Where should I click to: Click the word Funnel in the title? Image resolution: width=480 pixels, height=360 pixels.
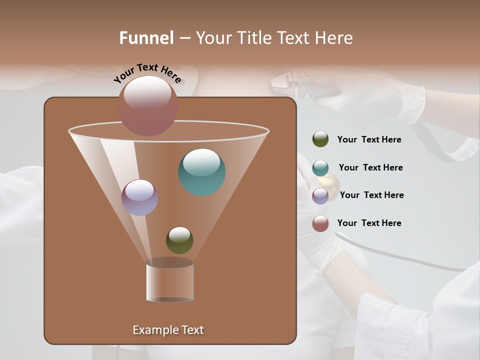[x=146, y=38]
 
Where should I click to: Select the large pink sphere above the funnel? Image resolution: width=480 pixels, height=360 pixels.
[x=147, y=106]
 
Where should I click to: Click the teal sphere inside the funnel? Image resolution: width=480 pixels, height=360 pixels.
[x=202, y=172]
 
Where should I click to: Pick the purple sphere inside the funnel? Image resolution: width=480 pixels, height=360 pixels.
[x=139, y=197]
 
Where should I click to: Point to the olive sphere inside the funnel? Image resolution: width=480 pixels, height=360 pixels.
[x=179, y=240]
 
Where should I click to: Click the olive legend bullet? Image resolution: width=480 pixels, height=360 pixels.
[x=320, y=139]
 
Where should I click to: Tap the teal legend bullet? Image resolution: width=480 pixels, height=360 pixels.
[x=320, y=168]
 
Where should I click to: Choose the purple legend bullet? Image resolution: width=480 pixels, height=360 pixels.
[x=320, y=196]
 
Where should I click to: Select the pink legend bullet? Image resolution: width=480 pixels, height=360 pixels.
[x=320, y=223]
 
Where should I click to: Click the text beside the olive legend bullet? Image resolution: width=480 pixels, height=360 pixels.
[x=369, y=139]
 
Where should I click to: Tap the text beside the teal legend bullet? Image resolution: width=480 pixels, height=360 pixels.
[x=370, y=167]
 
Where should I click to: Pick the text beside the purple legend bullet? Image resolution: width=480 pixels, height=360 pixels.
[x=371, y=195]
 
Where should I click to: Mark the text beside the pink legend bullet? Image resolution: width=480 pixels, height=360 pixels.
[x=369, y=223]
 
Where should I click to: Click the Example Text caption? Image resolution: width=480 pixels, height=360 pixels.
[x=168, y=330]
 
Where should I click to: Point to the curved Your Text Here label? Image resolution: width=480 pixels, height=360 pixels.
[x=147, y=72]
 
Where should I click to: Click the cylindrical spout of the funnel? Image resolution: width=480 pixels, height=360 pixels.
[x=169, y=281]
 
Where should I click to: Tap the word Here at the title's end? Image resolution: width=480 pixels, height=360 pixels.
[x=334, y=38]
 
